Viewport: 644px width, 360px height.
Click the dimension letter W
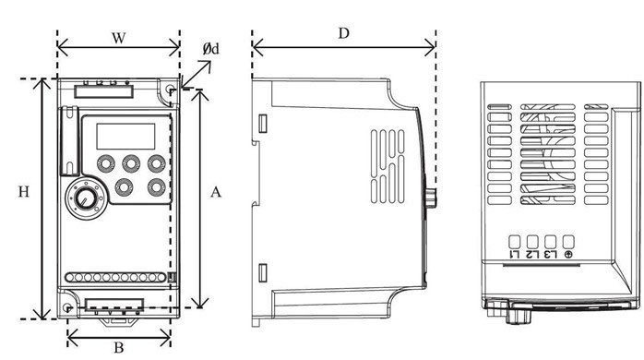[x=119, y=38]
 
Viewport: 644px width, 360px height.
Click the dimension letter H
[x=24, y=192]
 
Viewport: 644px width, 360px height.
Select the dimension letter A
[x=216, y=192]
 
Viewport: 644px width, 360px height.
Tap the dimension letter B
[x=119, y=348]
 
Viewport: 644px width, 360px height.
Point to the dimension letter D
[x=343, y=33]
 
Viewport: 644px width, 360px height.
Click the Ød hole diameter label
[x=211, y=49]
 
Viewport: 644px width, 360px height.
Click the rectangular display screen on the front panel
[x=125, y=136]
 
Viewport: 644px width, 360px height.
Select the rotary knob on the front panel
[x=84, y=199]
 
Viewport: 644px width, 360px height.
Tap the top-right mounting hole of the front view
[x=170, y=90]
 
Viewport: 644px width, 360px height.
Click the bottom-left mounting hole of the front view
[x=67, y=307]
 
